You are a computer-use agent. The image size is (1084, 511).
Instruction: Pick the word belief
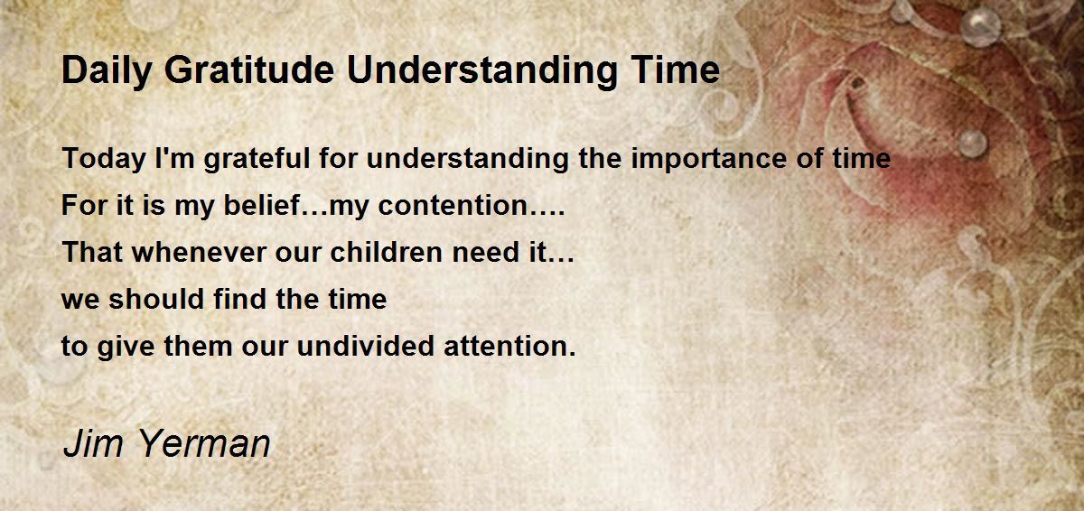click(262, 205)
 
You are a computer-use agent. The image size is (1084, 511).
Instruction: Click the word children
click(387, 253)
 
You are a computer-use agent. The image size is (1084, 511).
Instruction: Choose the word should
click(155, 299)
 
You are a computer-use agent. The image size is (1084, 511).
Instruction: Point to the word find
click(239, 299)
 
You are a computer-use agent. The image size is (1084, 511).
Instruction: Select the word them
click(198, 346)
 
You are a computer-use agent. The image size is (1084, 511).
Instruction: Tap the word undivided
click(365, 346)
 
